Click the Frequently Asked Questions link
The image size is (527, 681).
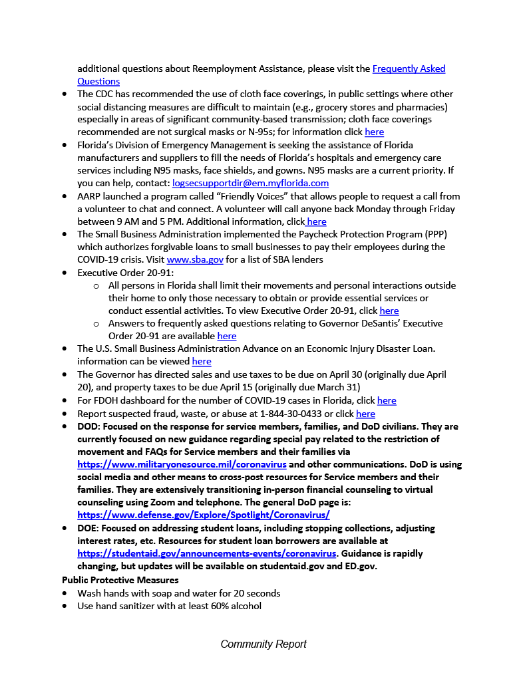(409, 68)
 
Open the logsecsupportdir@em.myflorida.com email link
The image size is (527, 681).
(250, 183)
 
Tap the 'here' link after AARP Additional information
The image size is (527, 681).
(316, 221)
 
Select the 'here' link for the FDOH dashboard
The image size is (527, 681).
(387, 400)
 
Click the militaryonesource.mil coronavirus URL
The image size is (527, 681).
(182, 464)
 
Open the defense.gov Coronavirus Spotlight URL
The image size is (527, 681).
(203, 515)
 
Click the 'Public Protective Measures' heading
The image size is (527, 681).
(110, 580)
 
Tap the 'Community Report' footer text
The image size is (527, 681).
(263, 644)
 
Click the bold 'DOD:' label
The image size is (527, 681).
(90, 426)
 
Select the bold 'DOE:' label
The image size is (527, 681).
(90, 528)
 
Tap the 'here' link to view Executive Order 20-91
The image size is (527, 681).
(389, 311)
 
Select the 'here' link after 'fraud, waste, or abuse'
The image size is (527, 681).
(365, 413)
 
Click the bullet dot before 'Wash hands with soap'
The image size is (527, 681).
(65, 593)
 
